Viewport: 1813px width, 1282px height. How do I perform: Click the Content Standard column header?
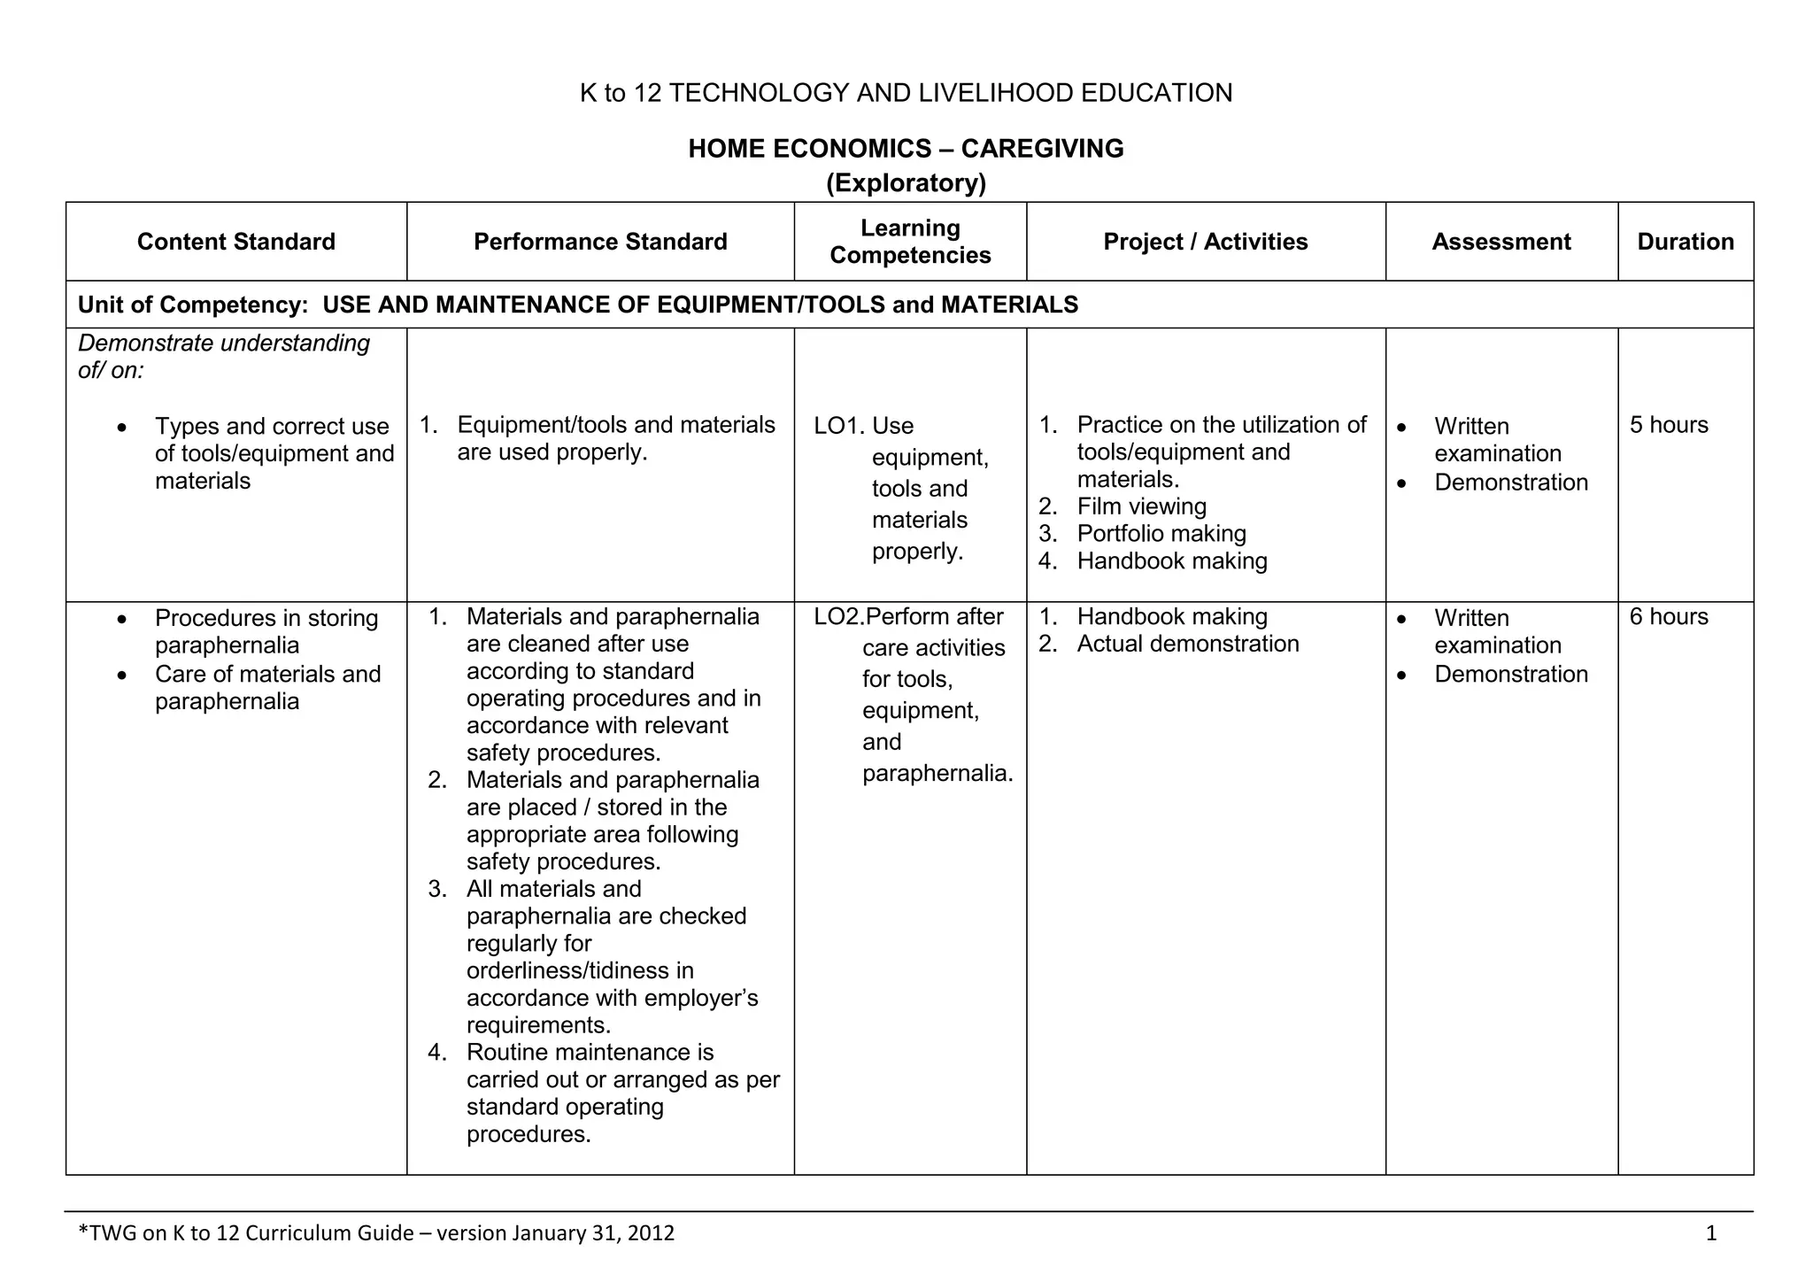click(x=236, y=242)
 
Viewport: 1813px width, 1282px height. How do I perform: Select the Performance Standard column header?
click(x=600, y=242)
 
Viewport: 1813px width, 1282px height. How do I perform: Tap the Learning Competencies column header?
click(x=910, y=242)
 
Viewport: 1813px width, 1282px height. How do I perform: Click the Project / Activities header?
click(x=1205, y=242)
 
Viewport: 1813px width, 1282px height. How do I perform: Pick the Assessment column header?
click(x=1501, y=242)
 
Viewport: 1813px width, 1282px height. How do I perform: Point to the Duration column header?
click(x=1686, y=242)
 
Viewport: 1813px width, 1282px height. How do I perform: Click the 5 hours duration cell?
click(x=1669, y=425)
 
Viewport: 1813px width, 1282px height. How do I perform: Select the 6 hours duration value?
click(x=1669, y=616)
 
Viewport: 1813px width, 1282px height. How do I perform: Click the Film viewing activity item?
click(x=1141, y=506)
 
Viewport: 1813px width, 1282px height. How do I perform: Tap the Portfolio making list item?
click(x=1161, y=534)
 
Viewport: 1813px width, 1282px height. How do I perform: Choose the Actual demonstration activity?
click(x=1187, y=644)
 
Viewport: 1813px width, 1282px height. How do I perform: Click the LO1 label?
click(x=837, y=426)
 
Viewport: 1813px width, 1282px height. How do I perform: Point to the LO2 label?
click(x=837, y=616)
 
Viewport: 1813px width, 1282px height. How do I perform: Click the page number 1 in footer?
click(x=1710, y=1233)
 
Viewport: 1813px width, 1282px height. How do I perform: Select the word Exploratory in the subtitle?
click(x=906, y=183)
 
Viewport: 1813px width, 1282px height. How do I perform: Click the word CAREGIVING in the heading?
click(x=1042, y=148)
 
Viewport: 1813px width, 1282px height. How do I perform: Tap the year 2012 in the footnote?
click(x=650, y=1233)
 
